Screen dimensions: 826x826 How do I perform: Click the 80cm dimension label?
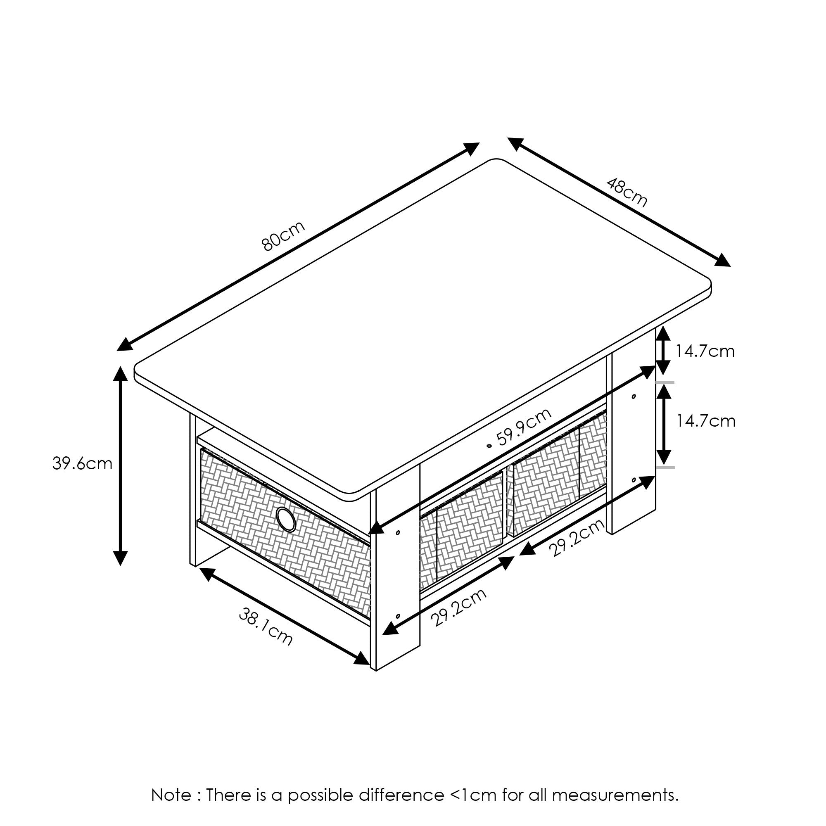pyautogui.click(x=282, y=235)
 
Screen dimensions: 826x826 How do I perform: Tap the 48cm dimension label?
pyautogui.click(x=627, y=192)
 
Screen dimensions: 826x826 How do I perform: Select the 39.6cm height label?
pyautogui.click(x=82, y=464)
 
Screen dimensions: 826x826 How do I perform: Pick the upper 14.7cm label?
pyautogui.click(x=705, y=351)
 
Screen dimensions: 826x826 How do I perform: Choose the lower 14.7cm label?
pyautogui.click(x=705, y=421)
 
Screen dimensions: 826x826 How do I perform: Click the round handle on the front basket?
pyautogui.click(x=286, y=520)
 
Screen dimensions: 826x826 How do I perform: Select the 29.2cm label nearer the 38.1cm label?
pyautogui.click(x=459, y=608)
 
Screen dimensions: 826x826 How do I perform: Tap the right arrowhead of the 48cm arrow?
pyautogui.click(x=722, y=260)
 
